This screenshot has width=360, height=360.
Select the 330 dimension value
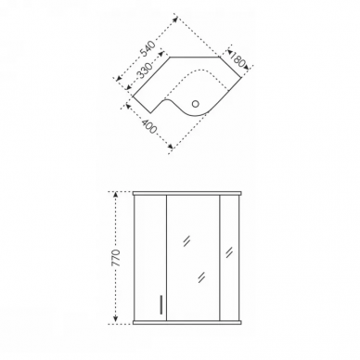[x=145, y=71]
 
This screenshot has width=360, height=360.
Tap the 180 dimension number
[x=238, y=59]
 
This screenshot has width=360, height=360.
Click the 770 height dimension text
[x=116, y=257]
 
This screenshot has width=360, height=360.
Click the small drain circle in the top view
[x=195, y=104]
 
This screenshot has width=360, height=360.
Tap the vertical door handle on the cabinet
[x=161, y=304]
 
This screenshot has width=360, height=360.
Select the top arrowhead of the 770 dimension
[x=116, y=195]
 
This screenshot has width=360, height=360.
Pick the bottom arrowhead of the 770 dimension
[x=116, y=318]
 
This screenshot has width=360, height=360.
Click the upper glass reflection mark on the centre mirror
[x=186, y=241]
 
